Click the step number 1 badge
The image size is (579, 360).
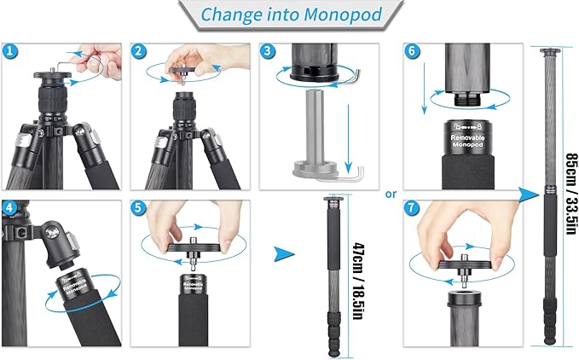pyautogui.click(x=11, y=51)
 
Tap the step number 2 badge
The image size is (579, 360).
pyautogui.click(x=140, y=51)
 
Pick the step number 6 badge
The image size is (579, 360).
pyautogui.click(x=414, y=51)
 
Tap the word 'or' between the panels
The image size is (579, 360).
pyautogui.click(x=391, y=194)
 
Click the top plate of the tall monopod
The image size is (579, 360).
pyautogui.click(x=545, y=53)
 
